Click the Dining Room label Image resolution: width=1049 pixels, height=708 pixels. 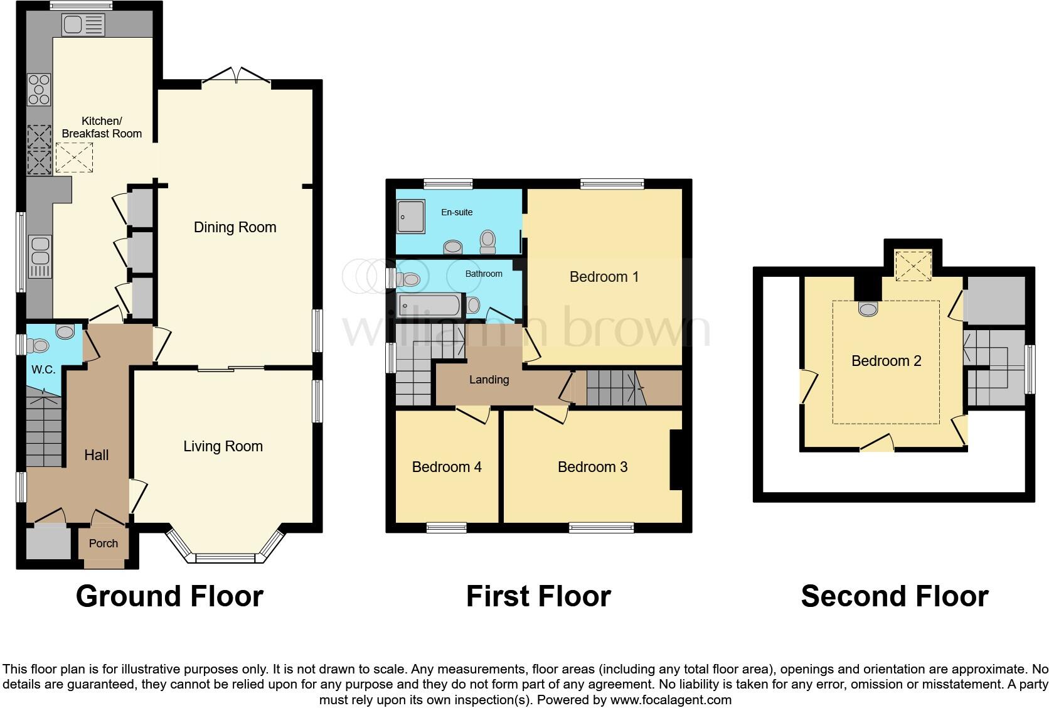pyautogui.click(x=235, y=227)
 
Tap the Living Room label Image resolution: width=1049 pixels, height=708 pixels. pyautogui.click(x=223, y=446)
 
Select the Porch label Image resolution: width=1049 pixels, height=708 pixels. pyautogui.click(x=104, y=544)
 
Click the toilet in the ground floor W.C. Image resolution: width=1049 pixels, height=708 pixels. pyautogui.click(x=39, y=345)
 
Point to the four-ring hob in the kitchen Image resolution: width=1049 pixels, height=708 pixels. pyautogui.click(x=39, y=89)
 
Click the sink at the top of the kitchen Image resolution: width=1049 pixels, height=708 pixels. pyautogui.click(x=83, y=25)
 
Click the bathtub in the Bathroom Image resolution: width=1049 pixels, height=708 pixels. pyautogui.click(x=430, y=306)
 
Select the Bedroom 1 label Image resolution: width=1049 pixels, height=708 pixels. pyautogui.click(x=604, y=277)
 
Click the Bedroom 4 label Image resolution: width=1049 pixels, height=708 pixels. pyautogui.click(x=447, y=467)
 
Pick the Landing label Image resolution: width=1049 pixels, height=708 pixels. pyautogui.click(x=489, y=380)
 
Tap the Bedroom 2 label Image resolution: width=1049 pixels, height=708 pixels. pyautogui.click(x=886, y=361)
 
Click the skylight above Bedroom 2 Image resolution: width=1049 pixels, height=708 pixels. pyautogui.click(x=913, y=265)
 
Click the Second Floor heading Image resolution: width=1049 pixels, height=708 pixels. pyautogui.click(x=894, y=596)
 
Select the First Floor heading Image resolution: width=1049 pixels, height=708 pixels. pyautogui.click(x=538, y=596)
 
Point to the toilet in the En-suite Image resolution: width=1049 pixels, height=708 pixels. pyautogui.click(x=487, y=240)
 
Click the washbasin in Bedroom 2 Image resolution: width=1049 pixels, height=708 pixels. pyautogui.click(x=868, y=309)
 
